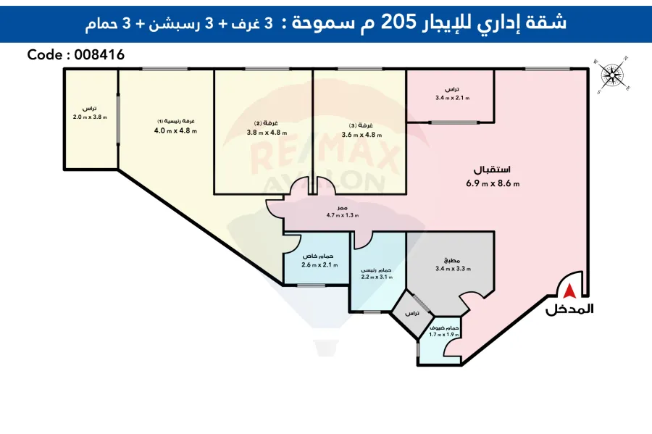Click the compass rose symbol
(x=613, y=75)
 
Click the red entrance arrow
(x=570, y=291)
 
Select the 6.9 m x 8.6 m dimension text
(x=493, y=183)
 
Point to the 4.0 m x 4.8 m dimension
(x=175, y=131)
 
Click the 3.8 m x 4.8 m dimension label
(x=267, y=133)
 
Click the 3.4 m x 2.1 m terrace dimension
(x=452, y=98)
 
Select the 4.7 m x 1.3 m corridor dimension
(x=343, y=215)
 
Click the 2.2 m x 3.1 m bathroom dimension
(x=377, y=277)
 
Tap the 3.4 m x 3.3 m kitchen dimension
(x=453, y=269)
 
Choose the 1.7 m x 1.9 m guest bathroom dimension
(x=444, y=335)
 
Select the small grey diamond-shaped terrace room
(x=411, y=314)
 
